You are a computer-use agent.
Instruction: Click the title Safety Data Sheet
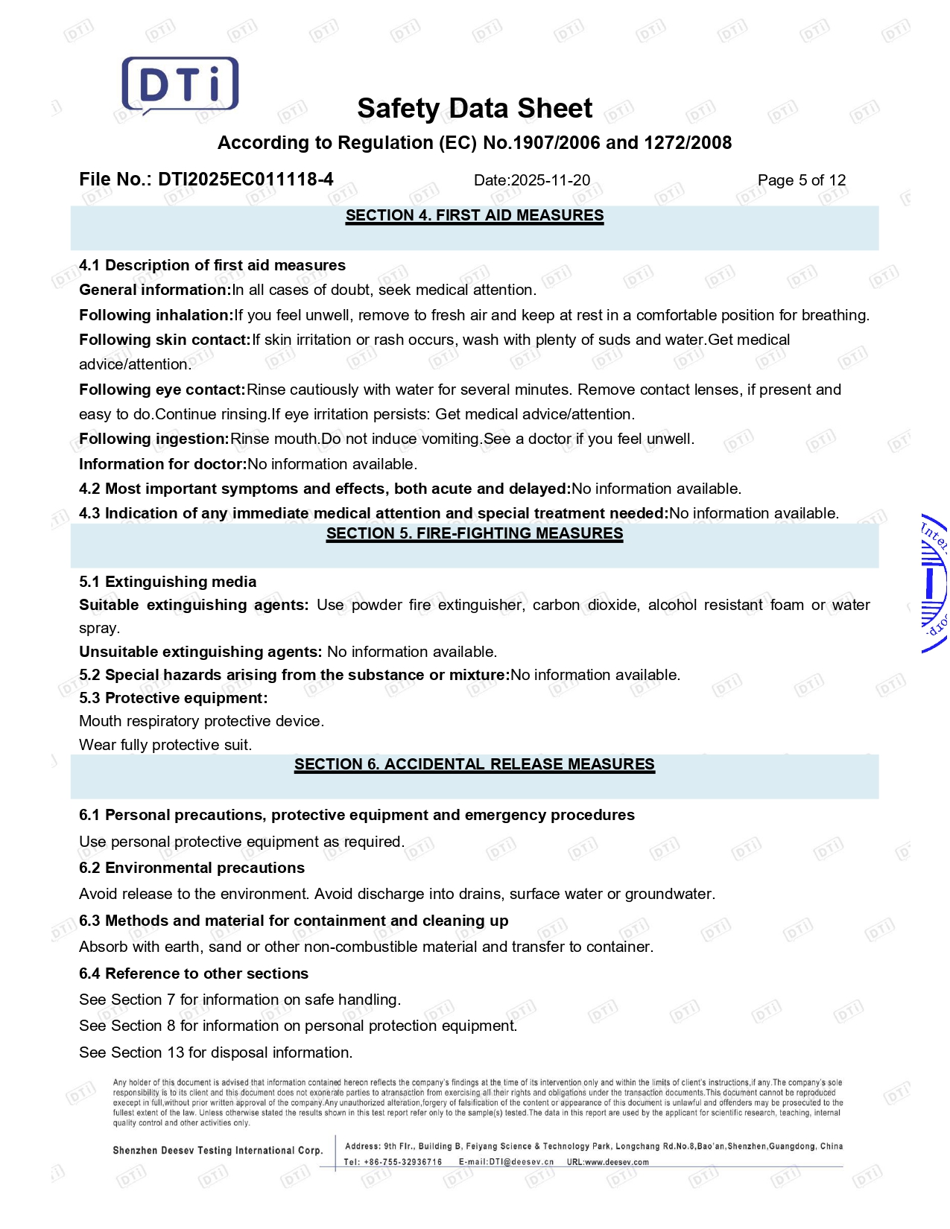[x=475, y=109]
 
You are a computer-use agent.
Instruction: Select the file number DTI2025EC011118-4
[x=245, y=180]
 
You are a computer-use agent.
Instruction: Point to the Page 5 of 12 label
[x=801, y=180]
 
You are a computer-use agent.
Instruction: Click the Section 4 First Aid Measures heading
[x=475, y=216]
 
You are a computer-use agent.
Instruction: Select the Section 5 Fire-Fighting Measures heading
[x=475, y=533]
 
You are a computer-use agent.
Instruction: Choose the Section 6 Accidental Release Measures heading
[x=475, y=764]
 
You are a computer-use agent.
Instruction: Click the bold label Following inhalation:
[x=156, y=315]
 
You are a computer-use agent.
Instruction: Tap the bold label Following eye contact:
[x=162, y=390]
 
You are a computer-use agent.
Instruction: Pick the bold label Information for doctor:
[x=162, y=464]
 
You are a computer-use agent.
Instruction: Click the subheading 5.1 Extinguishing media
[x=168, y=582]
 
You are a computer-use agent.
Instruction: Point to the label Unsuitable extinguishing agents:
[x=200, y=652]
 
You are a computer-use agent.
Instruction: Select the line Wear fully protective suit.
[x=165, y=745]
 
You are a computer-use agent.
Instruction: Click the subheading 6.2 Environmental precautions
[x=191, y=868]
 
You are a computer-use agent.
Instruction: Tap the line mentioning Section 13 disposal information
[x=215, y=1052]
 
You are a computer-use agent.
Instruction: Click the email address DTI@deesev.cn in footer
[x=521, y=1162]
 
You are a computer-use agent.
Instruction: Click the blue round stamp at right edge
[x=934, y=583]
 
